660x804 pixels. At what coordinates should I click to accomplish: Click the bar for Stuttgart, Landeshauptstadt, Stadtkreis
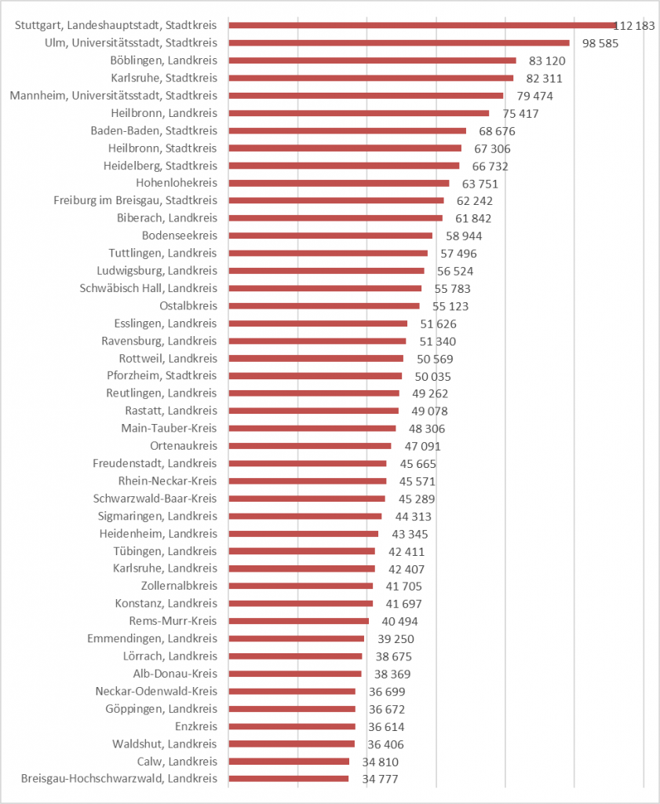tap(422, 25)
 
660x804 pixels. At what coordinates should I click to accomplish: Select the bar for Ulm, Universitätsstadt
tap(399, 42)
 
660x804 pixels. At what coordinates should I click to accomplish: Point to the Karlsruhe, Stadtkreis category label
tap(164, 78)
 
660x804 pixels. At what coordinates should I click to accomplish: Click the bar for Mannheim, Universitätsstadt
tap(366, 95)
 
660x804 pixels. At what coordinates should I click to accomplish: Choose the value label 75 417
tap(520, 113)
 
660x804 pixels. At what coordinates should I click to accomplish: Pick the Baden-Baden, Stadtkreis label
tap(154, 130)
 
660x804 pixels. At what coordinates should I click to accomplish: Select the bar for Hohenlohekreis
tap(338, 183)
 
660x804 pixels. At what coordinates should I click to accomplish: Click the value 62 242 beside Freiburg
tap(474, 200)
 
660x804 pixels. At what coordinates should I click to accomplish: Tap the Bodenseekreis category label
tap(179, 236)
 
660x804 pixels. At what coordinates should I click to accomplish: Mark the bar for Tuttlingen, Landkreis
tap(328, 253)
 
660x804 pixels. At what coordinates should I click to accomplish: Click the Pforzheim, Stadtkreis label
tap(162, 375)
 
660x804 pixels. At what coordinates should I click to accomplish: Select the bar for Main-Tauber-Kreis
tap(312, 428)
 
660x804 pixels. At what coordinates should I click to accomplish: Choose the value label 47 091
tap(422, 446)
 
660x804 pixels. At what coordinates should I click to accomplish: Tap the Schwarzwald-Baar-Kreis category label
tap(155, 499)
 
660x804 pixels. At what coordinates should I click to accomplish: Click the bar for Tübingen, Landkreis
tap(301, 551)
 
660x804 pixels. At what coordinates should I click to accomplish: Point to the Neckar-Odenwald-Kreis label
tap(156, 691)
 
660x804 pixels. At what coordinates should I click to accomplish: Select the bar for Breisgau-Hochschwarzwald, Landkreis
tap(288, 779)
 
